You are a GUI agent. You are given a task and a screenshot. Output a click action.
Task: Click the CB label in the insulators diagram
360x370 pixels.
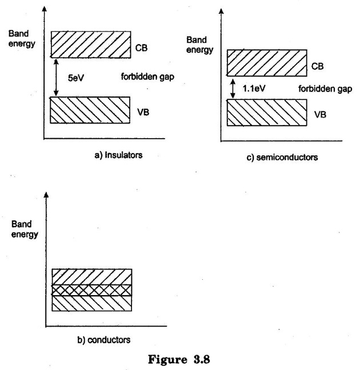[141, 48]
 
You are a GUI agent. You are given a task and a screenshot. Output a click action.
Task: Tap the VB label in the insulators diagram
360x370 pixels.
[143, 112]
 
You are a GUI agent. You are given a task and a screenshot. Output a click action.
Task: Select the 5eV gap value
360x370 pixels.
[76, 78]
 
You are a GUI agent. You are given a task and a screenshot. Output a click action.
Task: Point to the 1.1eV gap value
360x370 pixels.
[254, 89]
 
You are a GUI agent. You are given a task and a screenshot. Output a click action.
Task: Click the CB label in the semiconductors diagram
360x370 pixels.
[317, 66]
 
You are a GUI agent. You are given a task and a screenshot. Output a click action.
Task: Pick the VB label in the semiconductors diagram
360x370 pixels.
[320, 115]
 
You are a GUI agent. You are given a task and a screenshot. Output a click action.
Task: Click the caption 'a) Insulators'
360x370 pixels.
[118, 155]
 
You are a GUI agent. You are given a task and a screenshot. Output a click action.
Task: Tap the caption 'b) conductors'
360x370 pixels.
[104, 340]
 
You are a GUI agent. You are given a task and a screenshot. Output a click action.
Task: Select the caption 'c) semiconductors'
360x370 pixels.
[282, 157]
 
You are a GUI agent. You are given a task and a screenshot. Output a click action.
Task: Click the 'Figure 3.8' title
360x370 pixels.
[179, 360]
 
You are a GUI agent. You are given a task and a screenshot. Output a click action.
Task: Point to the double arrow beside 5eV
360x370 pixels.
[56, 78]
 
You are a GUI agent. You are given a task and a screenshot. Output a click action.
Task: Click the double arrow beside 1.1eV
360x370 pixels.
[233, 89]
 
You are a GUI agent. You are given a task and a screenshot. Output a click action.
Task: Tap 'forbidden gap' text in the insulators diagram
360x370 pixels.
[147, 77]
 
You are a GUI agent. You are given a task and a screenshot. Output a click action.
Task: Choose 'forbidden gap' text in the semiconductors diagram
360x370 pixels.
[325, 89]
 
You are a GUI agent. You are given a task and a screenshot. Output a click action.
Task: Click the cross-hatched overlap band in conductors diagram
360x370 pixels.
[92, 290]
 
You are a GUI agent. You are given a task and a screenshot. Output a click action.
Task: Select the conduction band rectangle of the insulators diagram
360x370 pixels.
[91, 45]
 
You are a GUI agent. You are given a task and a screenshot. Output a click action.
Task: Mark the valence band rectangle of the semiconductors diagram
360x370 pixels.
[267, 112]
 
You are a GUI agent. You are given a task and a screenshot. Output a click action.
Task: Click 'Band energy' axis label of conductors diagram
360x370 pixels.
[25, 229]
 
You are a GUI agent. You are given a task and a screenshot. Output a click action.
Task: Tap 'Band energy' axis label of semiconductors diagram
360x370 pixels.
[199, 45]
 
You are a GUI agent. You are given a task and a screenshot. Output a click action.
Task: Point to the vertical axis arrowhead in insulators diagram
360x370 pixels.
[44, 9]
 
